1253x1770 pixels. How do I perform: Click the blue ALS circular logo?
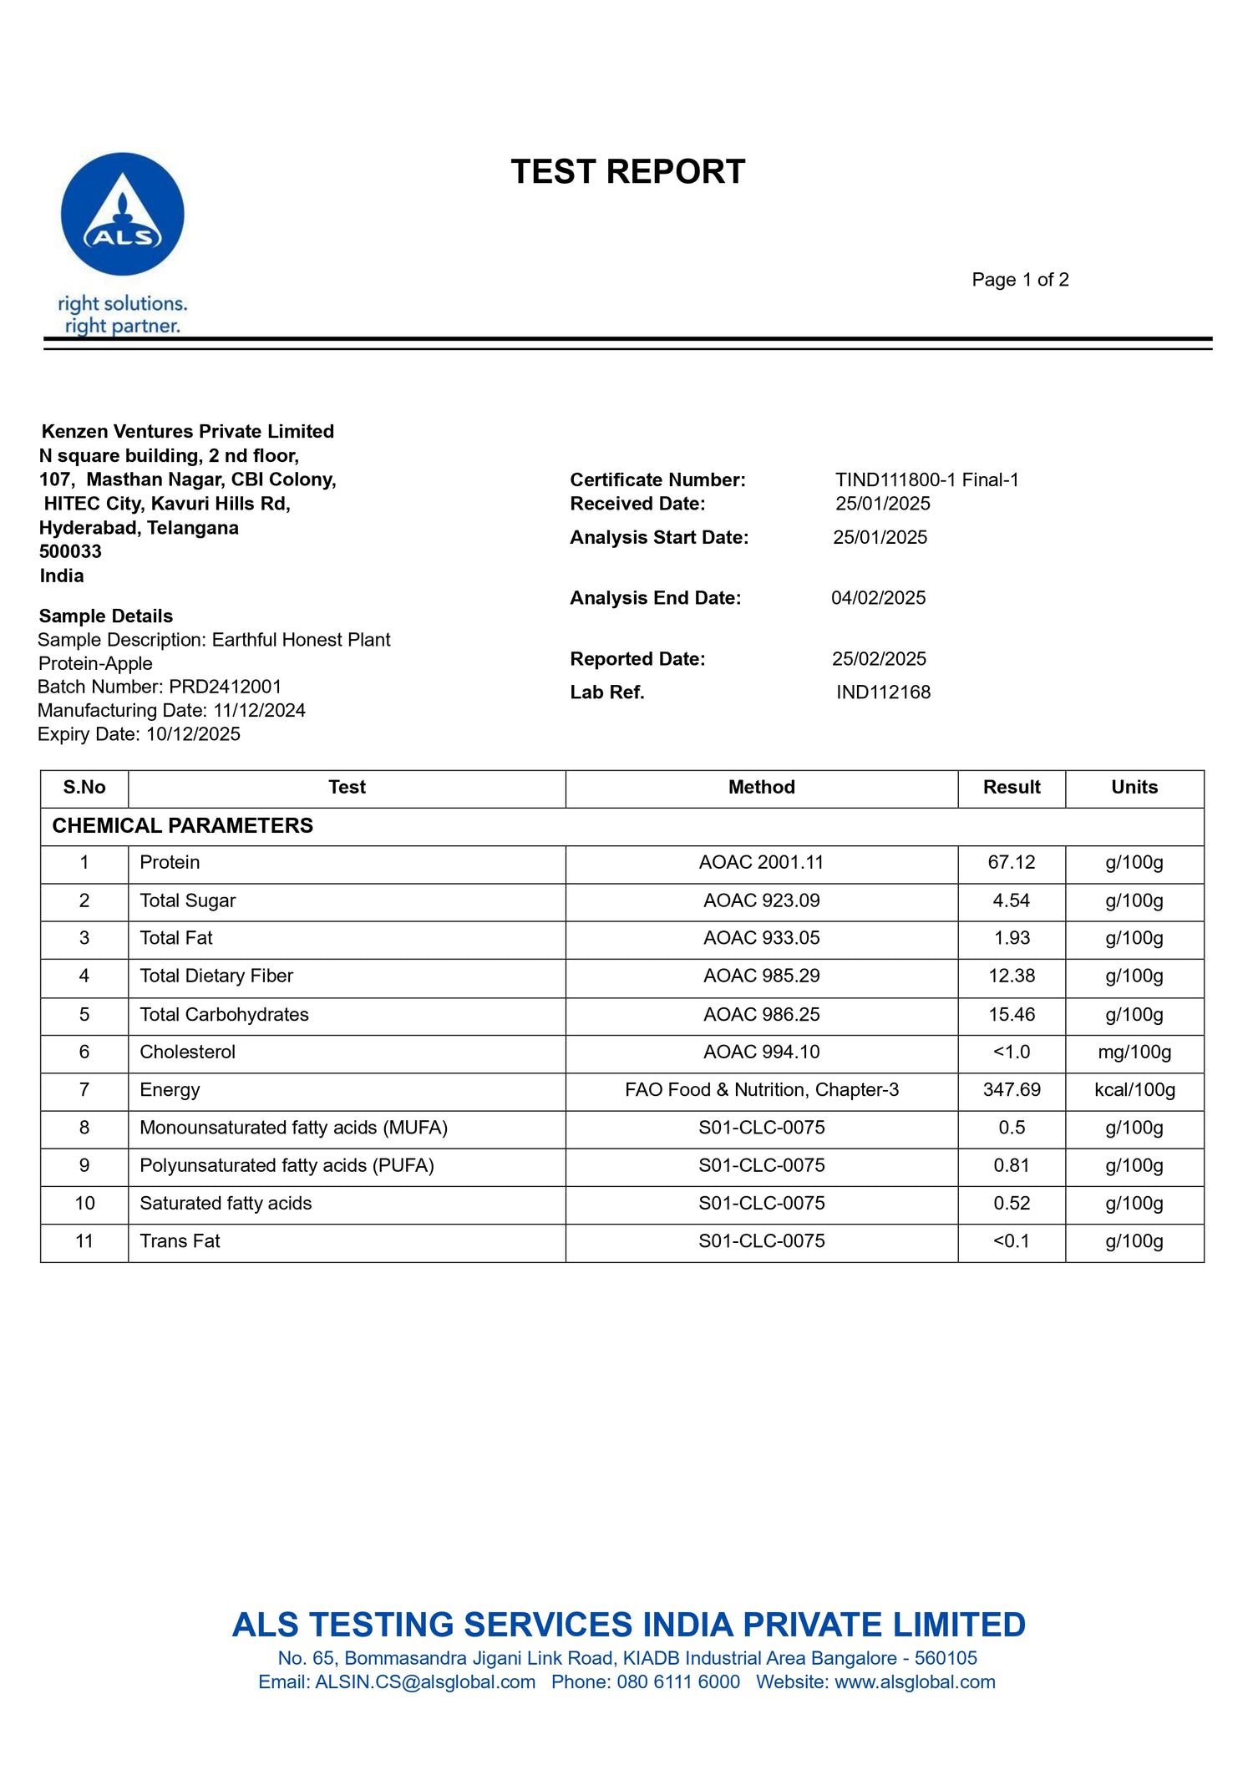(123, 214)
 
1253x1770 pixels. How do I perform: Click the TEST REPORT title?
(627, 172)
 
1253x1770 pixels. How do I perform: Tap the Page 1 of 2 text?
(1020, 280)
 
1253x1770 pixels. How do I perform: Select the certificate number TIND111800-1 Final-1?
(926, 479)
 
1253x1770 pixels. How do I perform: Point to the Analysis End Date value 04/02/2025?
(878, 598)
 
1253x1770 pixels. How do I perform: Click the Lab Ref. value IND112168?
(883, 692)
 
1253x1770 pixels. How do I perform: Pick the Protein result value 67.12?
(1011, 863)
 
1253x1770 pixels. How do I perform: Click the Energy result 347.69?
(1011, 1090)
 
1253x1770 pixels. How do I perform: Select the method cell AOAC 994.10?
(761, 1052)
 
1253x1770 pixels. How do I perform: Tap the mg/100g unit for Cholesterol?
(1134, 1052)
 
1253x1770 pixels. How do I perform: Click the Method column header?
(761, 788)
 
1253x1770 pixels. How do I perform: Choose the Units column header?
(1134, 788)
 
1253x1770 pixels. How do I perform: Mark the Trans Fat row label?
(180, 1241)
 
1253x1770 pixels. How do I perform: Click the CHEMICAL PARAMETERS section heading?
(182, 826)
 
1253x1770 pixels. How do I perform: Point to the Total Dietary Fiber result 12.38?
(1011, 976)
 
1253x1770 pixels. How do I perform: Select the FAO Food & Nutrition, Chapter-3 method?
(761, 1090)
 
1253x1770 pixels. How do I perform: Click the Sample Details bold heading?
(106, 616)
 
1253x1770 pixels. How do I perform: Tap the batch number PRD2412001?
(226, 687)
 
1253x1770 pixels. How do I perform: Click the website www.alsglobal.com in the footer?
(915, 1682)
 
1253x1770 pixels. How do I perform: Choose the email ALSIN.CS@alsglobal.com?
(425, 1682)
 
